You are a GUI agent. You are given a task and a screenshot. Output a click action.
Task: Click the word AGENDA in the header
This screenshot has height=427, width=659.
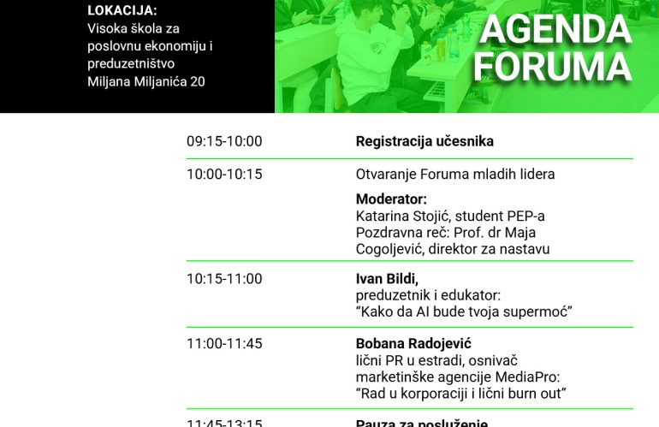pyautogui.click(x=555, y=30)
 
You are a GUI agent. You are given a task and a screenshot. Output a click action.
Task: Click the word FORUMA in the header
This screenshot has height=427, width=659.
pyautogui.click(x=553, y=66)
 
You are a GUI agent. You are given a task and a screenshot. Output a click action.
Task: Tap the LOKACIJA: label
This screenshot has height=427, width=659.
pyautogui.click(x=122, y=11)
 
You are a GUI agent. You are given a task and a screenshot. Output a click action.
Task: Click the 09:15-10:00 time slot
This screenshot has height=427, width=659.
pyautogui.click(x=224, y=141)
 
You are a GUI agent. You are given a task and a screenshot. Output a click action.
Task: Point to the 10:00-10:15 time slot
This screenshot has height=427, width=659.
pyautogui.click(x=224, y=174)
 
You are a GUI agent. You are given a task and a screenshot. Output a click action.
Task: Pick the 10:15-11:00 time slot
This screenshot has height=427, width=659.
pyautogui.click(x=224, y=278)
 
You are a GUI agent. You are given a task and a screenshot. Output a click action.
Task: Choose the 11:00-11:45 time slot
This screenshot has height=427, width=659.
pyautogui.click(x=224, y=343)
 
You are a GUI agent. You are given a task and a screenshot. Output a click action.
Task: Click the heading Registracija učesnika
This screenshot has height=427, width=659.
pyautogui.click(x=424, y=141)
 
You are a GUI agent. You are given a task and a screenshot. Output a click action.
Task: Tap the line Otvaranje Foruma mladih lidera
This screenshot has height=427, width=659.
pyautogui.click(x=455, y=174)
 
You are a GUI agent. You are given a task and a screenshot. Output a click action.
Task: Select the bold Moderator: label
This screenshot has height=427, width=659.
pyautogui.click(x=391, y=199)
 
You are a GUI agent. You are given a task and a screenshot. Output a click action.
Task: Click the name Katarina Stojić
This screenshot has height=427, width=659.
pyautogui.click(x=401, y=216)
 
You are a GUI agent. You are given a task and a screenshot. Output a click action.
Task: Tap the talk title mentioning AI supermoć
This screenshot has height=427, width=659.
pyautogui.click(x=463, y=311)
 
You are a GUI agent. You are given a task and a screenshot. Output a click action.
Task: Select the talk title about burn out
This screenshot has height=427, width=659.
pyautogui.click(x=461, y=393)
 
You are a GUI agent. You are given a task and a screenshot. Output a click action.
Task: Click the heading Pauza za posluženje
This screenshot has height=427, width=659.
pyautogui.click(x=421, y=423)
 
